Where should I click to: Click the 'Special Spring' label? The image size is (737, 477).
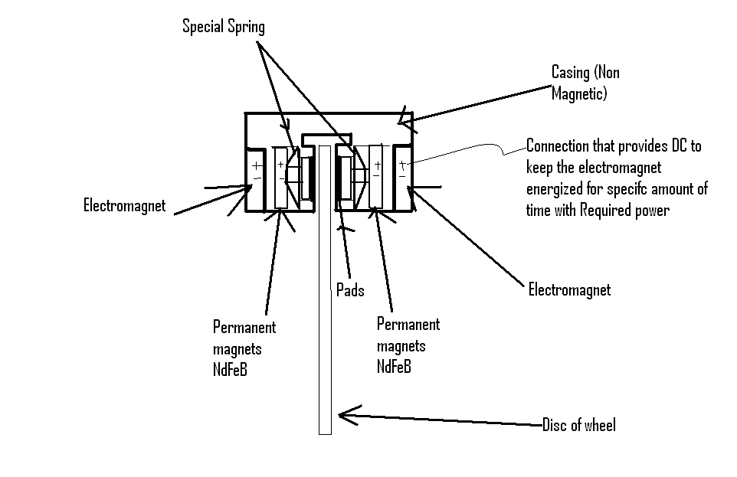pos(223,27)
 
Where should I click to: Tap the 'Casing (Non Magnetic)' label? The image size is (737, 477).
pos(585,82)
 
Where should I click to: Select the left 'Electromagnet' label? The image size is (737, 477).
pos(124,206)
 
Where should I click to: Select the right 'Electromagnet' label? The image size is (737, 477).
pos(569,289)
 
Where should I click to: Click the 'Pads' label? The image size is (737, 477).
pos(349,290)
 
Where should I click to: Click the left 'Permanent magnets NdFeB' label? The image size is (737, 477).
pos(244,348)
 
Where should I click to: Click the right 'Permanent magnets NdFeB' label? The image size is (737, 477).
pos(408,345)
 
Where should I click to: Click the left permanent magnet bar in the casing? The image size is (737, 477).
pos(280,177)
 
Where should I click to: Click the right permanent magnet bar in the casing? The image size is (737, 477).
pos(376,177)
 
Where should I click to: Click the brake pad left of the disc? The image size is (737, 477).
pos(308,178)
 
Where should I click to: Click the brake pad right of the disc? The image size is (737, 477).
pos(344,178)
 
